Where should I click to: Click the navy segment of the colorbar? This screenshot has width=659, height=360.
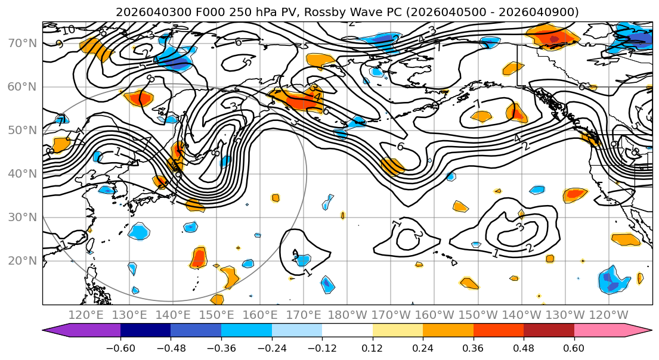pyautogui.click(x=146, y=331)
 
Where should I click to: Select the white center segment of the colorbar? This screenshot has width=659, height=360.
pyautogui.click(x=347, y=331)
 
